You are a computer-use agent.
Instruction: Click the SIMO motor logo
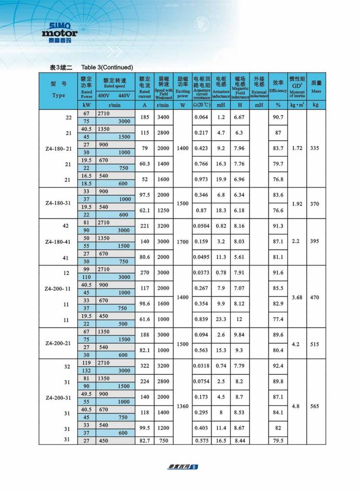click(59, 32)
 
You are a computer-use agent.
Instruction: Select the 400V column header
click(104, 95)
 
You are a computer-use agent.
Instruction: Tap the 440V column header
click(123, 95)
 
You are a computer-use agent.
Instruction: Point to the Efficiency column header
click(277, 86)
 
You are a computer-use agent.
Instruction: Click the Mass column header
click(316, 86)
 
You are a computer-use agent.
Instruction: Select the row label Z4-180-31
click(58, 203)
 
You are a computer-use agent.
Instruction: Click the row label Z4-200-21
click(58, 343)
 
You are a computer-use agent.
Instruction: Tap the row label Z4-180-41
click(58, 241)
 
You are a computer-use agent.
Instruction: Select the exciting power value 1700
click(182, 241)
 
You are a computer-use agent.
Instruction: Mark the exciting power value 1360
click(182, 406)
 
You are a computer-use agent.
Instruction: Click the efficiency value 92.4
click(278, 366)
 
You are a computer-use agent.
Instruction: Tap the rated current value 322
click(144, 366)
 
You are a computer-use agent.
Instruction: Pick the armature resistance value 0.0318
click(202, 366)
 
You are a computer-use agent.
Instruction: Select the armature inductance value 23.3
click(221, 320)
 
